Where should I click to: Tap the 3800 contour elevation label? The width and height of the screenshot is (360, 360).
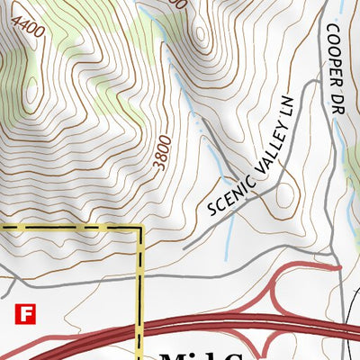coord(160,152)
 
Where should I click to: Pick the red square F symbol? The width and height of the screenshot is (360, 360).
coord(25,314)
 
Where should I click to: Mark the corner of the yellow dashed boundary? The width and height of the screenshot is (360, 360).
coord(140,228)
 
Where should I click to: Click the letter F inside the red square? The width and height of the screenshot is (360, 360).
coord(25,314)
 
